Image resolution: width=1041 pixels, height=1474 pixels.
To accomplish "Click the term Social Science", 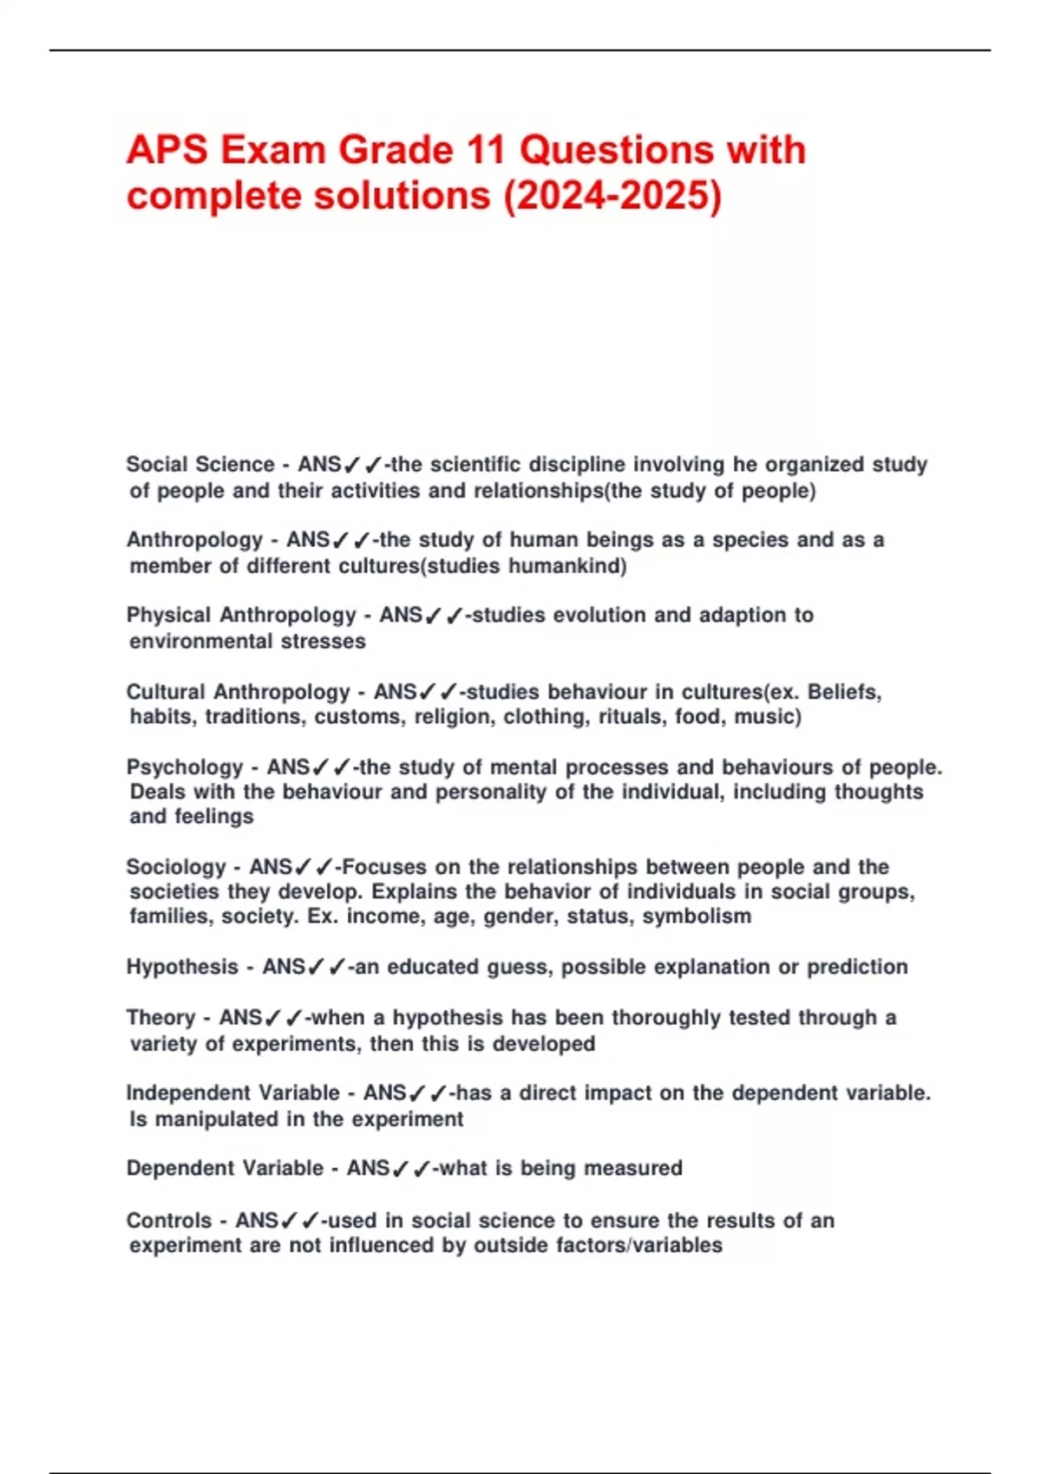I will tap(200, 465).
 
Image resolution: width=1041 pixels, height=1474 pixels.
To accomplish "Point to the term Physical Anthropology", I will tap(241, 616).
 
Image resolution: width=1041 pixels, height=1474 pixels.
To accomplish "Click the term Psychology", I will tap(185, 767).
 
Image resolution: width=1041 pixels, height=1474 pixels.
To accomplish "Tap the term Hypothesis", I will tap(182, 967).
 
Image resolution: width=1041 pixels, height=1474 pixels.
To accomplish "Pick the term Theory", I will tap(160, 1017).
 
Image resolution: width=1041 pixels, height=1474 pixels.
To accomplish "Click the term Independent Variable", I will tap(232, 1093).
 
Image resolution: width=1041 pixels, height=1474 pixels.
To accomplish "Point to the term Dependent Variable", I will tap(225, 1169).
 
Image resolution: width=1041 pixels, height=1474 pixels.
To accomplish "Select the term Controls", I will tap(169, 1221).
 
